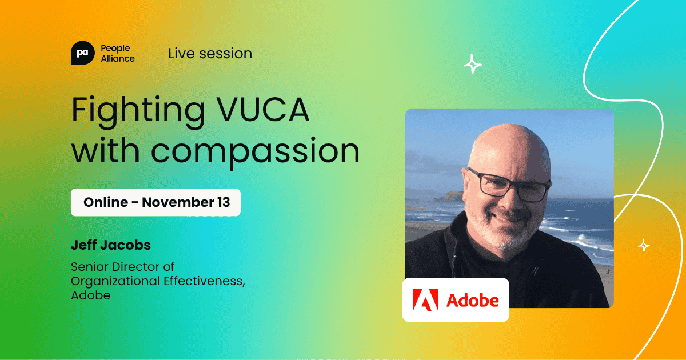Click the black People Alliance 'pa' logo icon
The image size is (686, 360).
[82, 53]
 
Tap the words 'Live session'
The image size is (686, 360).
[210, 53]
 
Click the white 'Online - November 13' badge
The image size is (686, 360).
[155, 202]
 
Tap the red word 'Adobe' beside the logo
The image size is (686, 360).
[473, 300]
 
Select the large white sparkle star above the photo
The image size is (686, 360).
[473, 65]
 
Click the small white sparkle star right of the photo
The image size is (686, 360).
[644, 245]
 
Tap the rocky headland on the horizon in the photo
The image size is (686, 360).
[452, 195]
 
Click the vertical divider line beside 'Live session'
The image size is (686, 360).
[149, 53]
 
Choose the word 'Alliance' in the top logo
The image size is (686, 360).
[118, 58]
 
